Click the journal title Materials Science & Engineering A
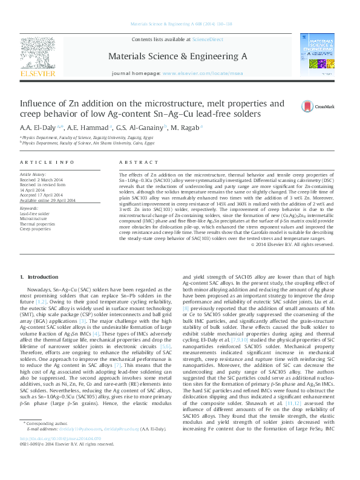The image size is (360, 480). [x=177, y=56]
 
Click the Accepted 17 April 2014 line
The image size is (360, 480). [x=41, y=195]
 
